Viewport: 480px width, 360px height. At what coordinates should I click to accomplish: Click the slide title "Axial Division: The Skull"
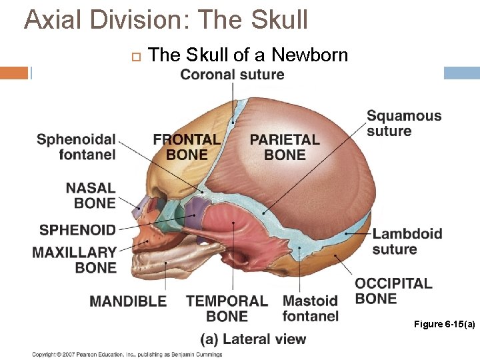click(x=166, y=20)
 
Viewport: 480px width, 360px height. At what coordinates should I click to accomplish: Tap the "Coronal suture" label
click(x=232, y=74)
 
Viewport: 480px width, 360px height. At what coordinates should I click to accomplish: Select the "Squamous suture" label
click(x=404, y=123)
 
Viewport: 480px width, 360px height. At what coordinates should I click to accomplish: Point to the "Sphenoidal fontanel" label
click(x=76, y=147)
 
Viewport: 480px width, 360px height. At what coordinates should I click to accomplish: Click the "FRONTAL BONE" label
click(x=187, y=147)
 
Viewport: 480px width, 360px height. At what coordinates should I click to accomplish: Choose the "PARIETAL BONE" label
click(x=285, y=147)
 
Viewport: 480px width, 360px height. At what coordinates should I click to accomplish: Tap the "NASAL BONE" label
click(x=90, y=196)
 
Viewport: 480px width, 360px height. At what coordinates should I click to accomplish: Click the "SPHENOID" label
click(x=77, y=230)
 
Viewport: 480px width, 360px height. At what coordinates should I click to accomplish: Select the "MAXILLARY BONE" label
click(x=75, y=260)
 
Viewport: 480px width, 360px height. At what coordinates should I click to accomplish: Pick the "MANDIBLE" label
click(x=128, y=301)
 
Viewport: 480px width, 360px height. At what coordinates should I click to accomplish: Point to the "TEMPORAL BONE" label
click(x=227, y=309)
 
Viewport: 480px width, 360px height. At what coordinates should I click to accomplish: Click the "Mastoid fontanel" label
click(x=310, y=309)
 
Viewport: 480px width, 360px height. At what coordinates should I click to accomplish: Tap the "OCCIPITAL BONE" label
click(x=393, y=291)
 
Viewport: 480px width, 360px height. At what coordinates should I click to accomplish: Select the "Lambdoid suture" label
click(x=407, y=241)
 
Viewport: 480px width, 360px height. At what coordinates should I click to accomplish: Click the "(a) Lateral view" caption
click(x=253, y=339)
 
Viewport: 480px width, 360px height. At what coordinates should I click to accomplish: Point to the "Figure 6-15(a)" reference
click(x=444, y=324)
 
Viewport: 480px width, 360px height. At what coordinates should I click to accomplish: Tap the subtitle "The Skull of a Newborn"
click(x=248, y=55)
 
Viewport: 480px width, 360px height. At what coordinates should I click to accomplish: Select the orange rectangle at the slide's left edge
click(x=14, y=73)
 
